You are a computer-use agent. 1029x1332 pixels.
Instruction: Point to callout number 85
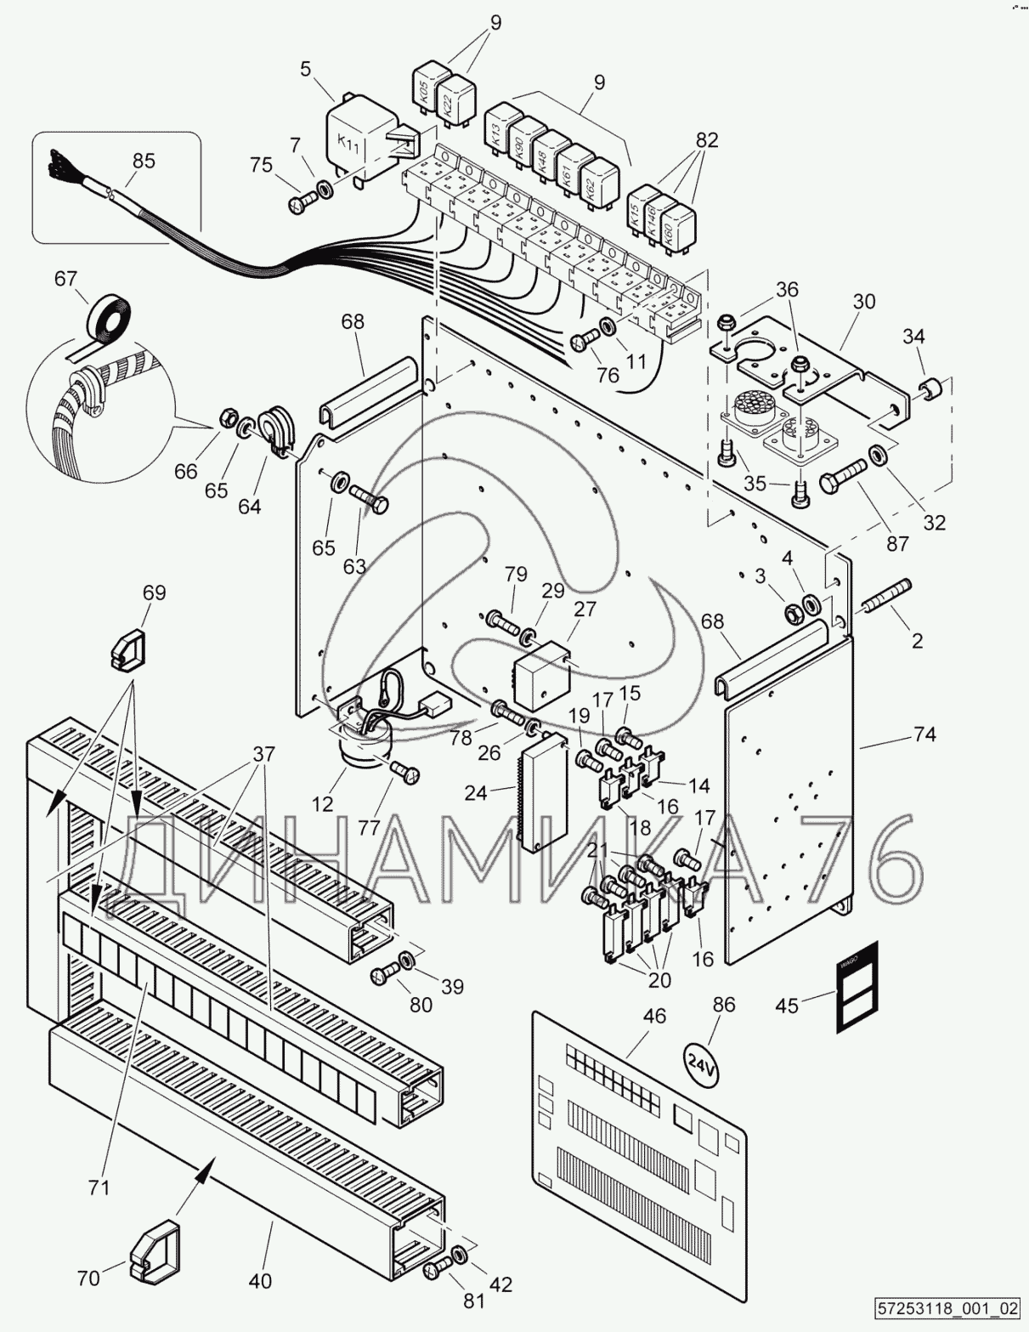click(144, 160)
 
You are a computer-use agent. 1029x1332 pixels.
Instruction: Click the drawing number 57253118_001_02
click(946, 1306)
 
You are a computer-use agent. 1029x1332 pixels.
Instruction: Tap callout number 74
click(924, 734)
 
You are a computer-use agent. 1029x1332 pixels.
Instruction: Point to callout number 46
click(655, 1016)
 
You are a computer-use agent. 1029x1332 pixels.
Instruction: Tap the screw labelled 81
click(438, 1270)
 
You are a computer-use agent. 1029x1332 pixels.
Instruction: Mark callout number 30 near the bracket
click(864, 301)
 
